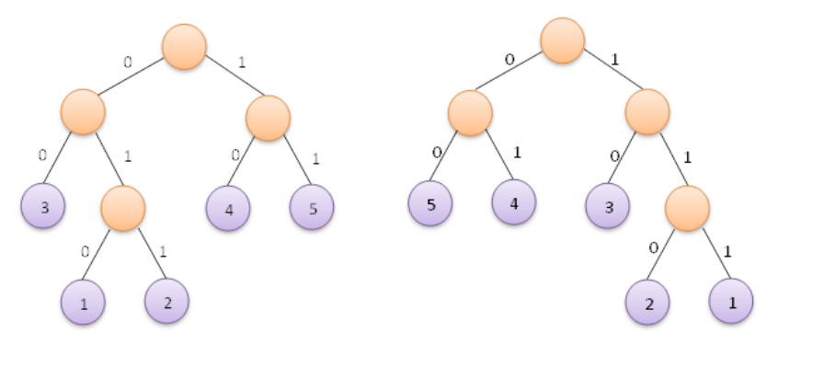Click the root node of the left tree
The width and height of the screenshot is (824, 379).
(x=184, y=45)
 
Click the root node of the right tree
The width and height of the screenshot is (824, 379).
(x=562, y=40)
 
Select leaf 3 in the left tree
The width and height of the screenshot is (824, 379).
(x=43, y=207)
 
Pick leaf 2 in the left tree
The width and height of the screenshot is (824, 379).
(x=166, y=300)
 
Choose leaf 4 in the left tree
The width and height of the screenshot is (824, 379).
(x=228, y=207)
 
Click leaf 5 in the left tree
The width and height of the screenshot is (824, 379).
(x=312, y=207)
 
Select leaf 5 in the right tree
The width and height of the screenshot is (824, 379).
(x=430, y=203)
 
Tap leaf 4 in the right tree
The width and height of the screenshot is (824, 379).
(x=513, y=202)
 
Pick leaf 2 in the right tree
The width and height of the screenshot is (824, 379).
(x=648, y=301)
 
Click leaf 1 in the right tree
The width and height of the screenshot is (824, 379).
(x=731, y=300)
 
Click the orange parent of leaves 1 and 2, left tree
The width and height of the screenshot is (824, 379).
(x=123, y=208)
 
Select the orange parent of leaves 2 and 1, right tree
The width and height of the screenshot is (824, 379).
(x=687, y=207)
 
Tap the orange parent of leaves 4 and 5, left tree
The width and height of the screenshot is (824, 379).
(x=269, y=118)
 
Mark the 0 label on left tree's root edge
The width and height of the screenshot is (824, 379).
(x=128, y=62)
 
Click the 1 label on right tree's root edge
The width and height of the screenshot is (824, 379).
(x=613, y=60)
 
